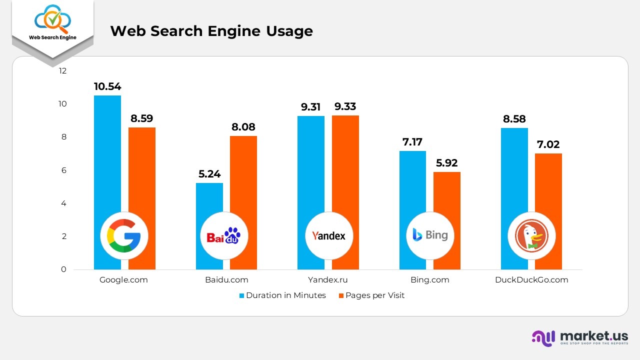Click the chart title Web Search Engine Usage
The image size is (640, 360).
pos(211,31)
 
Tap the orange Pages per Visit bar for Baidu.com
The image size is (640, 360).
pos(243,175)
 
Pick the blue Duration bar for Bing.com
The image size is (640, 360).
pos(412,185)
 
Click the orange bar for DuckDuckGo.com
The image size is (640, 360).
pos(548,190)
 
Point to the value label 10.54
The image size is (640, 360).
pos(107,86)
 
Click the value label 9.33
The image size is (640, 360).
pos(345,106)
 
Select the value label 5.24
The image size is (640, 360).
pos(209,174)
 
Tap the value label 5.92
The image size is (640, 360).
pos(446,163)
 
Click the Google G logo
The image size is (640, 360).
pos(124,235)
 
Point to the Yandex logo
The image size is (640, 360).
pos(328,235)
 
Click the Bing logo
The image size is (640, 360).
pos(430,235)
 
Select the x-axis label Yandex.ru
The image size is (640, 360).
pos(327,280)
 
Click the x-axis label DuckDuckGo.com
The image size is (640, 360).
pos(531,280)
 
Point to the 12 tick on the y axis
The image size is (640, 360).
pos(62,71)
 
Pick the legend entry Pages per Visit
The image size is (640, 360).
pos(374,295)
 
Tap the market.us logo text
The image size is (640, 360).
pos(594,336)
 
